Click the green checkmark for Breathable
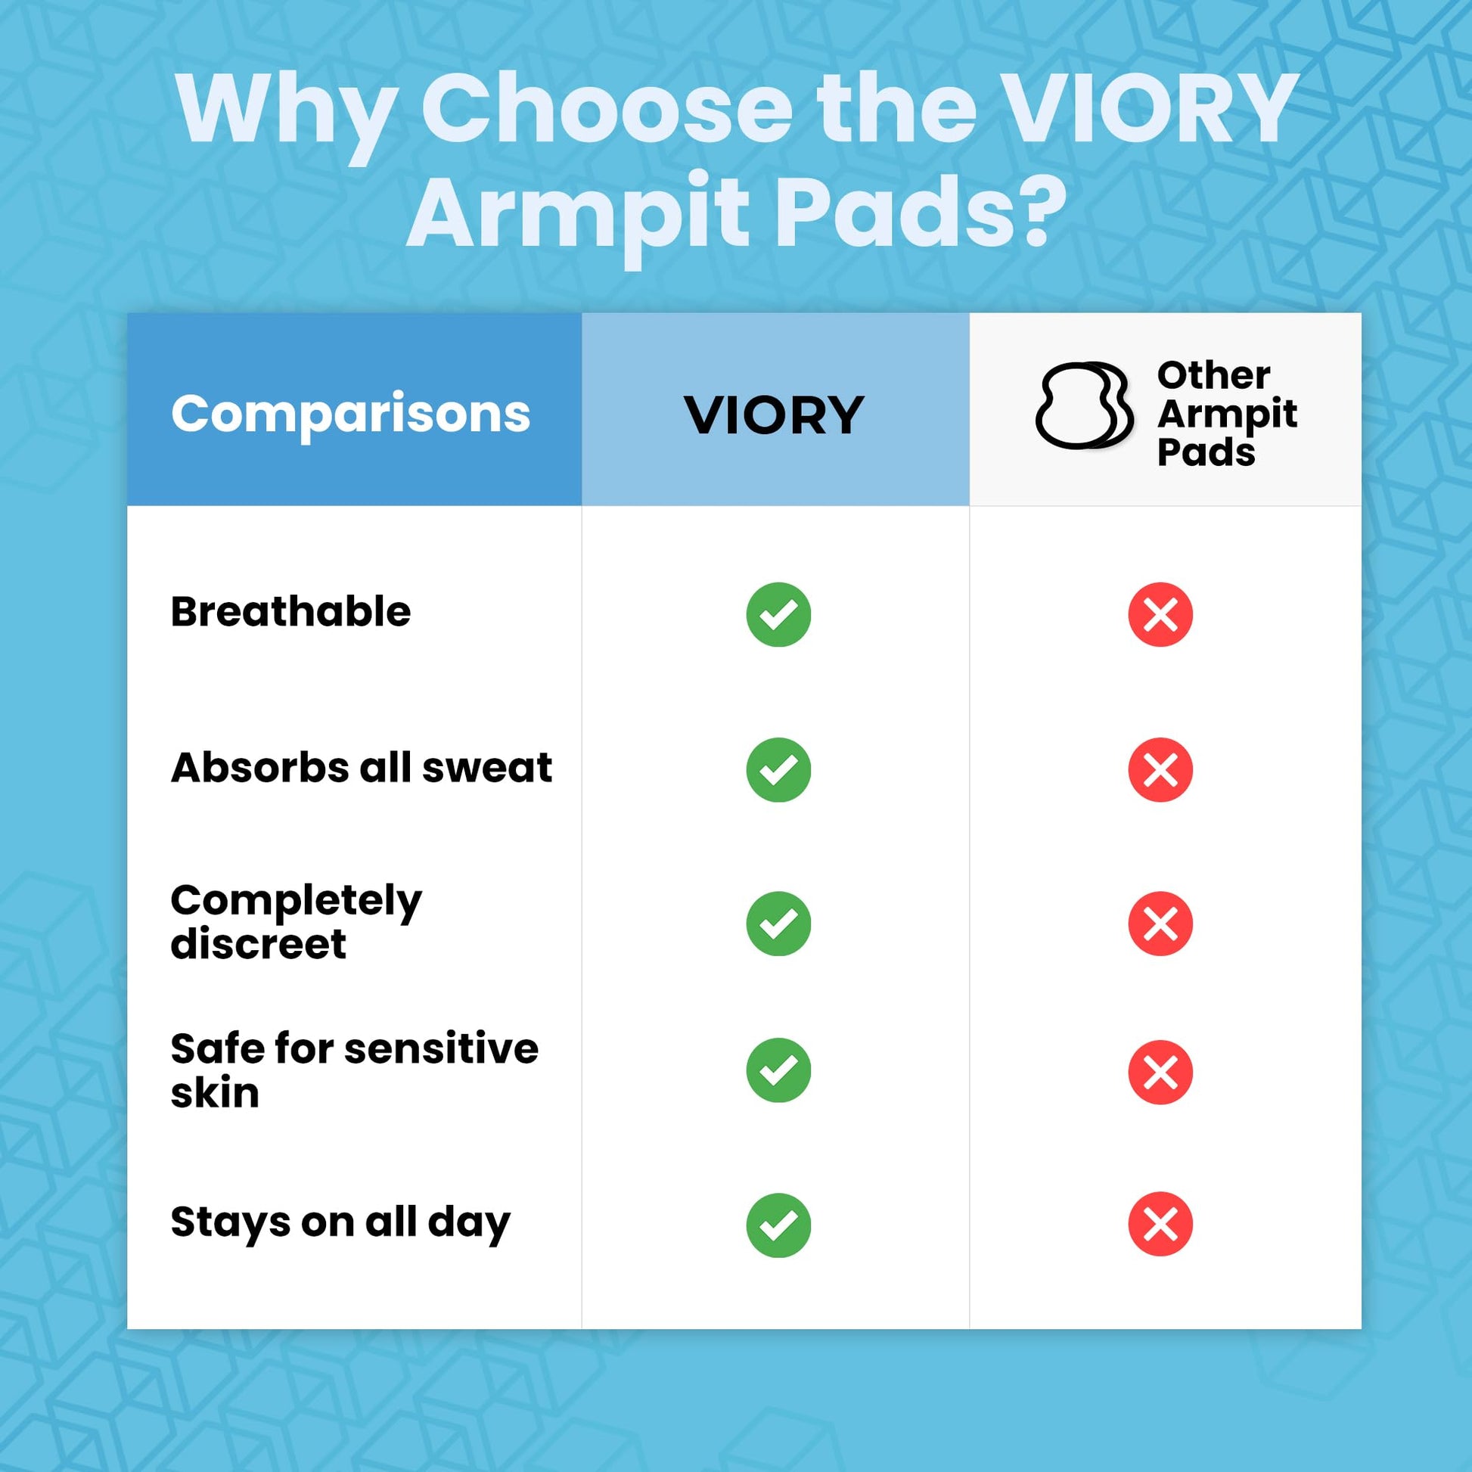[x=778, y=614]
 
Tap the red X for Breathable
[x=1160, y=614]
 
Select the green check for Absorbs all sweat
[x=778, y=769]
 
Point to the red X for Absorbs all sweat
[x=1160, y=769]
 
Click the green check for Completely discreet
[x=778, y=924]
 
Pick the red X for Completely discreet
[x=1160, y=924]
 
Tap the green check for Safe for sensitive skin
[x=778, y=1070]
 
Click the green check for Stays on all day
[x=778, y=1225]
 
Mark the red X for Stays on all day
[x=1160, y=1224]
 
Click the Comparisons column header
[x=350, y=415]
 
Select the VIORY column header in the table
[x=774, y=415]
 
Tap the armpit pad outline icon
[x=1084, y=405]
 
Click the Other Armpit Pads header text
[x=1227, y=414]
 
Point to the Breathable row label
[x=290, y=611]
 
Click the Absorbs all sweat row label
[x=361, y=766]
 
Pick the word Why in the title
[x=288, y=114]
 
